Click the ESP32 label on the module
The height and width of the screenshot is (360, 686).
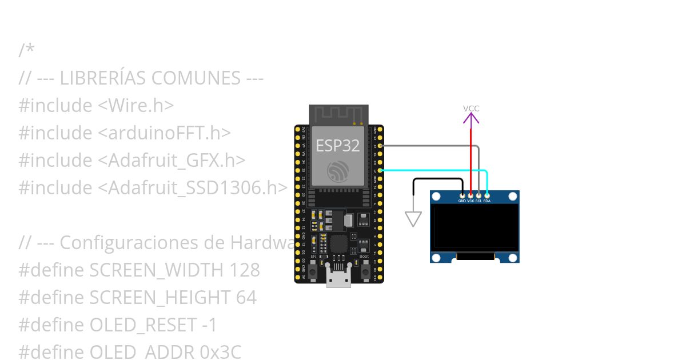pyautogui.click(x=338, y=145)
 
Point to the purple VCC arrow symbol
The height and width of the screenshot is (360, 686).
pyautogui.click(x=471, y=118)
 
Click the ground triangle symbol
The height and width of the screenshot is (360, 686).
pyautogui.click(x=413, y=219)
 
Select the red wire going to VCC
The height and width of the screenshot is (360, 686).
pyautogui.click(x=471, y=160)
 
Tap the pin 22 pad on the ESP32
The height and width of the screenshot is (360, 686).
pyautogui.click(x=380, y=146)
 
